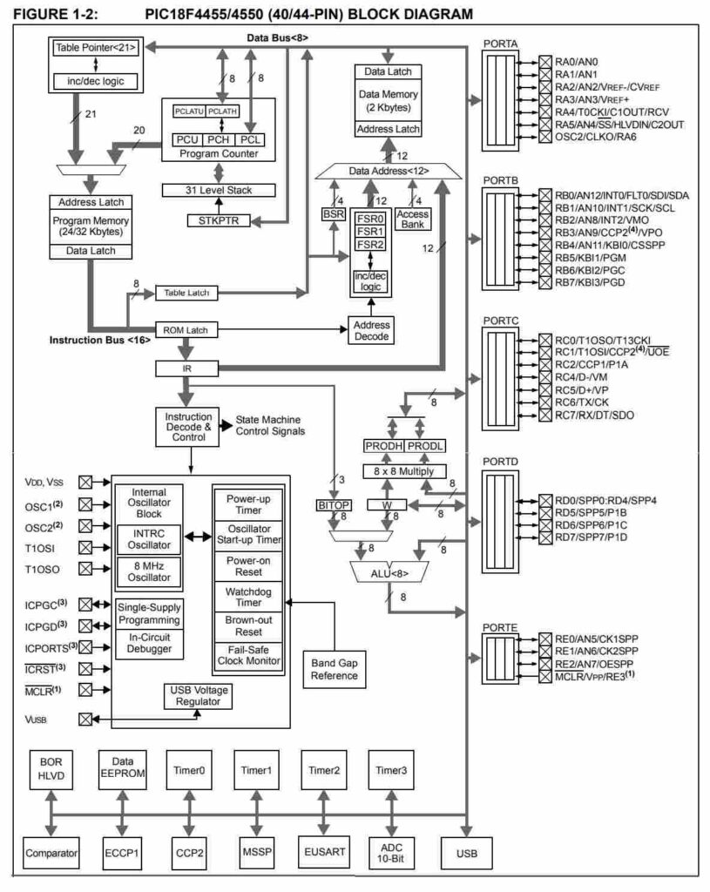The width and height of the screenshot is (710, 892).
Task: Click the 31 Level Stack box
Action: pos(219,190)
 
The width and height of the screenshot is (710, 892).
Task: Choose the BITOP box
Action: pos(333,503)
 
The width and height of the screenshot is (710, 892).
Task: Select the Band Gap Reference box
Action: pos(335,669)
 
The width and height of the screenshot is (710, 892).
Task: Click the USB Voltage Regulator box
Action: pos(198,695)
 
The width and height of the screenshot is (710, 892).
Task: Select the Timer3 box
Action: pos(391,770)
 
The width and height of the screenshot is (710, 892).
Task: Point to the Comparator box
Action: pos(51,851)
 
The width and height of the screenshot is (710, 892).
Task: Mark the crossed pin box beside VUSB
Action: pos(85,719)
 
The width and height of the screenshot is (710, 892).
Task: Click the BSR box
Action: pos(333,213)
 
